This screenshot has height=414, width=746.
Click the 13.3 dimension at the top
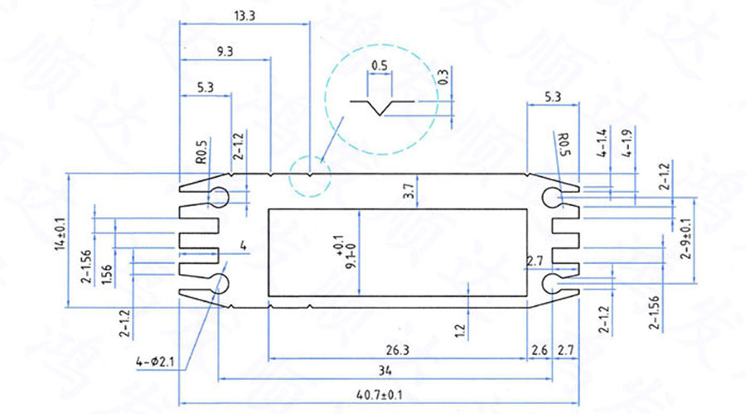tap(245, 15)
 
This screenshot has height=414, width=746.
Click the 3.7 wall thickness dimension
tap(408, 192)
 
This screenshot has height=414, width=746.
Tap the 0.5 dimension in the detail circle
tap(380, 65)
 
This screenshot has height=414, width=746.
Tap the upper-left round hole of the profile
tap(219, 196)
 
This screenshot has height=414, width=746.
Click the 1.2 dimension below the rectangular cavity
tap(461, 331)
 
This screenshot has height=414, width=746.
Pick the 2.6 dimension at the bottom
tap(539, 349)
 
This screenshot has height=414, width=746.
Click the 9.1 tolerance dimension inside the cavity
tap(340, 253)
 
